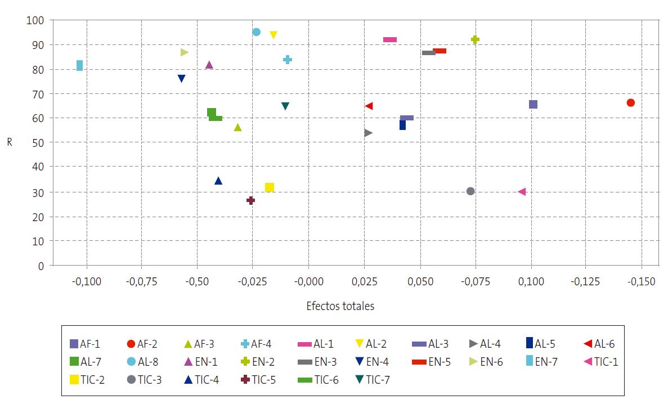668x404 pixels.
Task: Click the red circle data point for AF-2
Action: click(x=630, y=102)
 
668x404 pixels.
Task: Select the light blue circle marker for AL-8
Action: click(x=256, y=32)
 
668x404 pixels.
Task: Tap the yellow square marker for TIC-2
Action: click(x=270, y=187)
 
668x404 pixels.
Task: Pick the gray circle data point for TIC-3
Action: click(x=470, y=191)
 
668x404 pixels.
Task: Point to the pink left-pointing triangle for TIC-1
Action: click(x=522, y=192)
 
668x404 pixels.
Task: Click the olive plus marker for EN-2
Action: click(x=475, y=39)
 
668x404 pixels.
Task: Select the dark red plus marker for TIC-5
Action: click(x=251, y=200)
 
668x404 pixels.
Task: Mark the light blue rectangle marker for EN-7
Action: click(x=79, y=66)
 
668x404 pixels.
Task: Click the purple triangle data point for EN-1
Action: click(x=209, y=65)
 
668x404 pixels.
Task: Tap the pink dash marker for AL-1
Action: click(x=390, y=39)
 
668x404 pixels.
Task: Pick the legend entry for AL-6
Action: click(x=600, y=343)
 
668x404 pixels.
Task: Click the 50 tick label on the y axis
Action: click(x=37, y=143)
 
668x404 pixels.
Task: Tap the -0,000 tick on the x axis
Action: click(x=308, y=282)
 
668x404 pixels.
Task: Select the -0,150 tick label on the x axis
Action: click(x=641, y=282)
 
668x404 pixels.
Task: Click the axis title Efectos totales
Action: click(x=340, y=306)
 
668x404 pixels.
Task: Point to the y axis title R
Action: click(x=10, y=142)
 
